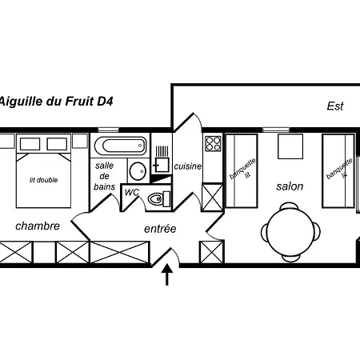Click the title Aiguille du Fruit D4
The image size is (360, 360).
coord(56,102)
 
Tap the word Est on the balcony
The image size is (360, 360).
coord(335,106)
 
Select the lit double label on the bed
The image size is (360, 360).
coord(43,180)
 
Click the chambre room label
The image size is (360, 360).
coord(38,226)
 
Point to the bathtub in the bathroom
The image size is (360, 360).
coord(121,146)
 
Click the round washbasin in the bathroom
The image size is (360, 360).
coord(138,171)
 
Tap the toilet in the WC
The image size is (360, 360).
coord(159,198)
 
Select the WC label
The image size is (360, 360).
coord(132,192)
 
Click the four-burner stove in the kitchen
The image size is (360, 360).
coord(213,143)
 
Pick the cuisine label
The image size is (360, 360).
coord(188,166)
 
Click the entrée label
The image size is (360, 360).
coord(160,229)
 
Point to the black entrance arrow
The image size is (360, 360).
coord(167,274)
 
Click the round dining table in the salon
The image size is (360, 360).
coord(290,232)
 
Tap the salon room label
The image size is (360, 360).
coord(290,186)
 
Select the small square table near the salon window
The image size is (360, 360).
coord(290,146)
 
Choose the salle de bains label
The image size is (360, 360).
coord(105,176)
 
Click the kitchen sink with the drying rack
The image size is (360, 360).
coord(162,159)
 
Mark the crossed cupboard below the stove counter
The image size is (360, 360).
coord(213,197)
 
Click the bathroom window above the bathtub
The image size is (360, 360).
coord(108,130)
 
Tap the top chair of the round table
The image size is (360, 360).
coord(290,206)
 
